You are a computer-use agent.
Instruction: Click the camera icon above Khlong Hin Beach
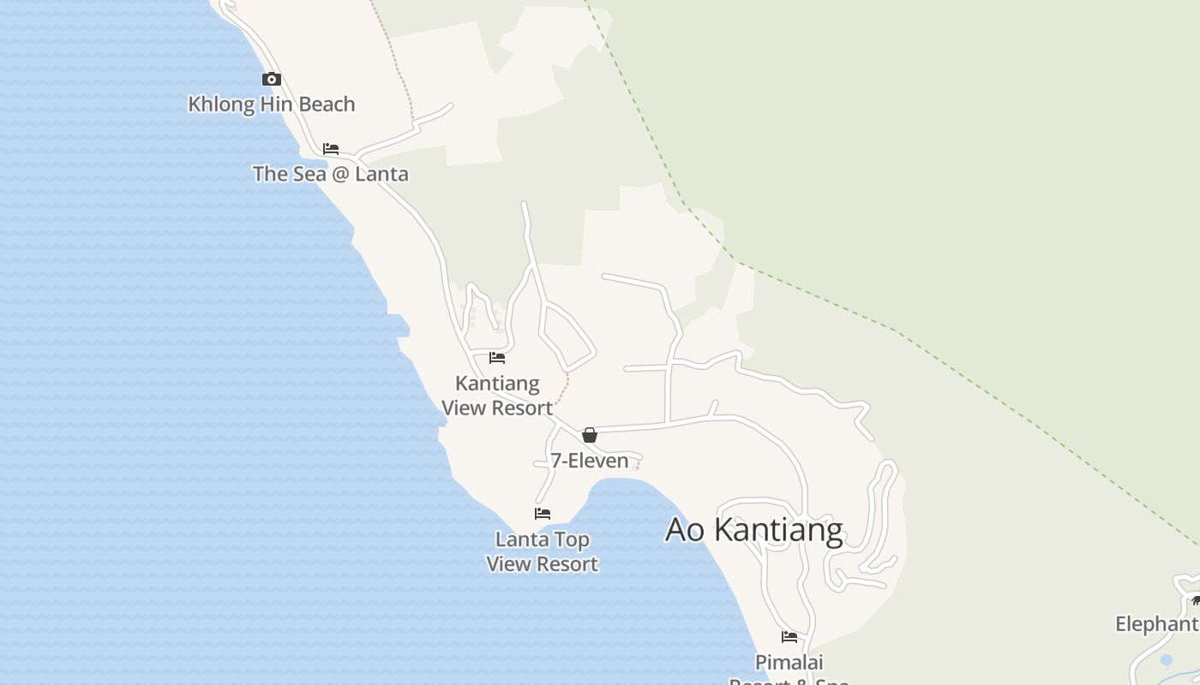coord(272,80)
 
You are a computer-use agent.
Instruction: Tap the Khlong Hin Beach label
coord(271,104)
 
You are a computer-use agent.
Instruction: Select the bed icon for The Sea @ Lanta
coord(331,149)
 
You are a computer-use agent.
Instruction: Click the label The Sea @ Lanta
coord(330,174)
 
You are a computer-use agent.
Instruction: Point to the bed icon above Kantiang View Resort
coord(497,358)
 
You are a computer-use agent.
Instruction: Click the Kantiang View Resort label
coord(497,396)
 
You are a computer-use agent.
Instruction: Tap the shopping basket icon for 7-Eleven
coord(590,435)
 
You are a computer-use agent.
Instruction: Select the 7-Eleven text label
coord(590,461)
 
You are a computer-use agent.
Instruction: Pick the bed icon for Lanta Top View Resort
coord(543,514)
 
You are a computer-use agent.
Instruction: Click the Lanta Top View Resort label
coord(542,551)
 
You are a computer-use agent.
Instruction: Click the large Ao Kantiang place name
coord(754,530)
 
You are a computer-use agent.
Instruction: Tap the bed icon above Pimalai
coord(789,637)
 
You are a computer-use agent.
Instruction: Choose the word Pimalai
coord(789,662)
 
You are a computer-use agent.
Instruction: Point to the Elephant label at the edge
coord(1156,624)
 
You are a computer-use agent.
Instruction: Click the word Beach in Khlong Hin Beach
coord(326,104)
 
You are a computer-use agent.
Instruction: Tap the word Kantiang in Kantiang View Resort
coord(497,384)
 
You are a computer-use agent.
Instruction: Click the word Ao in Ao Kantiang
coord(685,530)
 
